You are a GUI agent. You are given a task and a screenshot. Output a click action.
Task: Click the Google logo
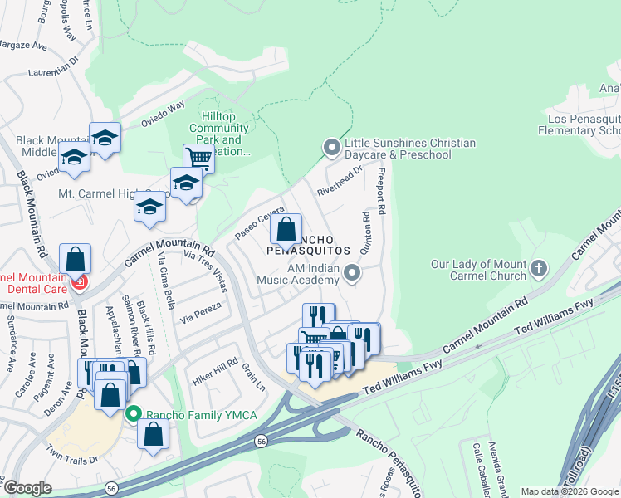click(x=27, y=488)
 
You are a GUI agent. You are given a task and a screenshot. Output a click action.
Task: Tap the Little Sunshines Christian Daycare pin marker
click(x=332, y=148)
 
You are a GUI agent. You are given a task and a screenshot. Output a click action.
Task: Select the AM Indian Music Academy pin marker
click(x=353, y=273)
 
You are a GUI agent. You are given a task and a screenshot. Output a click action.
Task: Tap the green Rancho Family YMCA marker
click(x=133, y=413)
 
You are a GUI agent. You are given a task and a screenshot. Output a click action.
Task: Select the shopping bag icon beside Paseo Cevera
click(x=286, y=228)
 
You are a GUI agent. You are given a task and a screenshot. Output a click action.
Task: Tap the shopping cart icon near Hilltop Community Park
click(x=198, y=156)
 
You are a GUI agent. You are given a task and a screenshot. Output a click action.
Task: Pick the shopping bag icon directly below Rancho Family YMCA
click(x=153, y=433)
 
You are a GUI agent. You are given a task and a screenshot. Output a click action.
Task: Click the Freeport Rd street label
click(x=382, y=192)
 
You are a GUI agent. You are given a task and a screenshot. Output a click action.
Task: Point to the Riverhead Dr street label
click(x=340, y=181)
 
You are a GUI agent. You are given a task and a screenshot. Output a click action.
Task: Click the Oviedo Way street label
click(x=164, y=112)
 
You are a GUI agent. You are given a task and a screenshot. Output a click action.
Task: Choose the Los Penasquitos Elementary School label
click(x=579, y=124)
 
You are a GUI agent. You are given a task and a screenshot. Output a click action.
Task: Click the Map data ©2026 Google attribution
click(x=570, y=491)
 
